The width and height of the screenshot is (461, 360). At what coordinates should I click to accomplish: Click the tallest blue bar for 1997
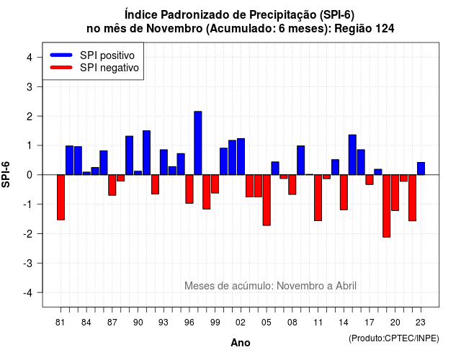pyautogui.click(x=198, y=143)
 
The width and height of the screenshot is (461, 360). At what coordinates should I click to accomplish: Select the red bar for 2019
pyautogui.click(x=387, y=206)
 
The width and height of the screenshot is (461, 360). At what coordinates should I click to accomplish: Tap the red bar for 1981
pyautogui.click(x=61, y=197)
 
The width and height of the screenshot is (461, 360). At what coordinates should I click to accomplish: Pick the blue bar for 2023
pyautogui.click(x=421, y=168)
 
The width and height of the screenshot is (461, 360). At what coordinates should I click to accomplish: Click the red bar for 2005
pyautogui.click(x=267, y=200)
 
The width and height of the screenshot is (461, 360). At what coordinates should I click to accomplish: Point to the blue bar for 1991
pyautogui.click(x=146, y=153)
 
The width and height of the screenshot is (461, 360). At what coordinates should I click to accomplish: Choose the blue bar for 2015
pyautogui.click(x=352, y=155)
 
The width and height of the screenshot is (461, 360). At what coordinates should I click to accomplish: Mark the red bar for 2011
pyautogui.click(x=318, y=197)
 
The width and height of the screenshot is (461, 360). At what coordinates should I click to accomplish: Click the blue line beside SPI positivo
pyautogui.click(x=61, y=55)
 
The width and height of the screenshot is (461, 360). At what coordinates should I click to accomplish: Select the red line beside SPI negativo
pyautogui.click(x=61, y=68)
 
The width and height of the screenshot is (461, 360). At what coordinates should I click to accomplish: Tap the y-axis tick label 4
pyautogui.click(x=30, y=58)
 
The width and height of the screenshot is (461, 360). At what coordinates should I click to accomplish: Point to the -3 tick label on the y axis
pyautogui.click(x=28, y=264)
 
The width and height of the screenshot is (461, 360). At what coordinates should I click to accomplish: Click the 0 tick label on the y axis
pyautogui.click(x=30, y=175)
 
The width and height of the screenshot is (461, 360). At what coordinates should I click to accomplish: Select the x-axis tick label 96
pyautogui.click(x=189, y=323)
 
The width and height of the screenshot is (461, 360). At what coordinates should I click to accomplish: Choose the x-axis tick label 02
pyautogui.click(x=241, y=323)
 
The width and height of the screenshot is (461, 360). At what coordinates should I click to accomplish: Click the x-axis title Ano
pyautogui.click(x=241, y=343)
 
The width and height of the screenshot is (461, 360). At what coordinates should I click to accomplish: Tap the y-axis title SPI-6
pyautogui.click(x=6, y=174)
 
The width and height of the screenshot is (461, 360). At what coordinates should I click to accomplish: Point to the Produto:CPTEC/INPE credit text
pyautogui.click(x=394, y=338)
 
